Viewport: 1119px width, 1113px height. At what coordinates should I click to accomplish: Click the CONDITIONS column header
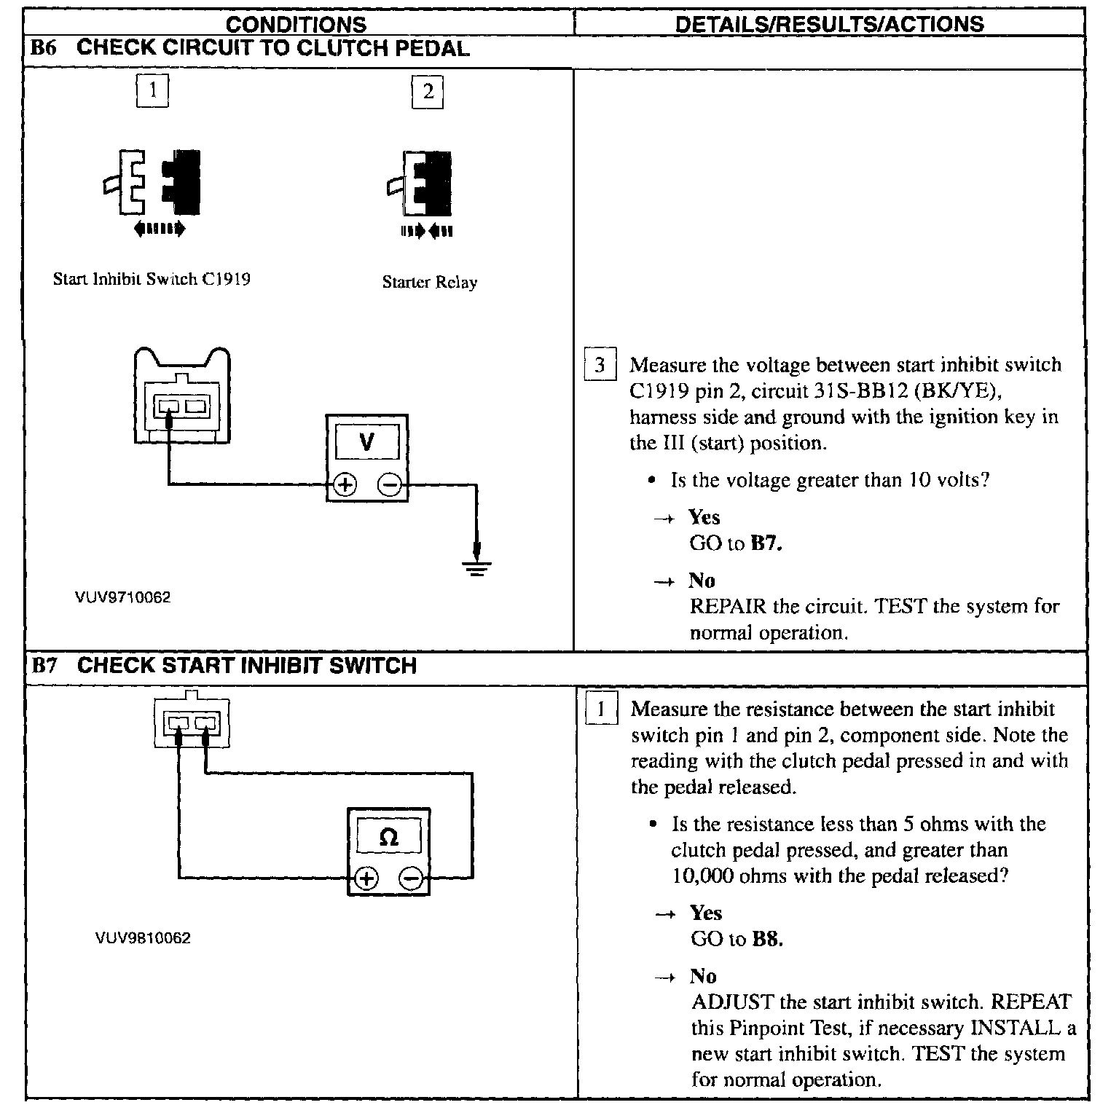point(296,24)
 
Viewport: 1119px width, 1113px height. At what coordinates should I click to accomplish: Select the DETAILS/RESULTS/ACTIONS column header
point(829,24)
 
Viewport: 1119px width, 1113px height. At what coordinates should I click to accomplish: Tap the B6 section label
point(43,49)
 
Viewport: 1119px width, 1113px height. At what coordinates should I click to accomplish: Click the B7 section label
point(44,666)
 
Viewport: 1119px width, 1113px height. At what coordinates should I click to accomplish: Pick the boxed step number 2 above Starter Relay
point(428,92)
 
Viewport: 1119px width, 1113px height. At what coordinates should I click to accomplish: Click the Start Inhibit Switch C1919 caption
point(152,280)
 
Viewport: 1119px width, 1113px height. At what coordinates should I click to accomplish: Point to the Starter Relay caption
point(429,283)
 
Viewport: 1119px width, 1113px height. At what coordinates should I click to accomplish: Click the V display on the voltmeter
point(367,442)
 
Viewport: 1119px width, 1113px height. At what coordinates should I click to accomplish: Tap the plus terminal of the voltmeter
point(345,485)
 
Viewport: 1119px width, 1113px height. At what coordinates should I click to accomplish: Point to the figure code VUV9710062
point(122,598)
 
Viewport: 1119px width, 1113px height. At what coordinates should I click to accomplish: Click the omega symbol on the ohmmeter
point(389,838)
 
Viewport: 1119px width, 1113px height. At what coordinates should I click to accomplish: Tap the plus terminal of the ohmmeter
point(366,879)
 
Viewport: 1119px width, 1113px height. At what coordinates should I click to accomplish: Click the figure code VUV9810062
point(143,938)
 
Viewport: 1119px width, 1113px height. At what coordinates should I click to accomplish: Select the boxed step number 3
point(600,365)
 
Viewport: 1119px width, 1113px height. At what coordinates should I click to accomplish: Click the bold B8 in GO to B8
point(766,940)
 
